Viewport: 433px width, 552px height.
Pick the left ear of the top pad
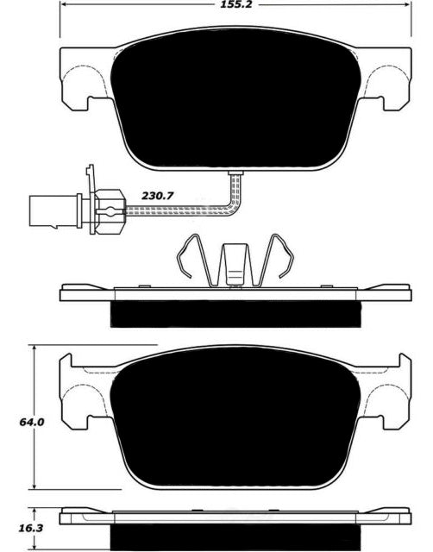(82, 78)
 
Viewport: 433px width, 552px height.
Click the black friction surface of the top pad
(235, 99)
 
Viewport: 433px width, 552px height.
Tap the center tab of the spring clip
(235, 263)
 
